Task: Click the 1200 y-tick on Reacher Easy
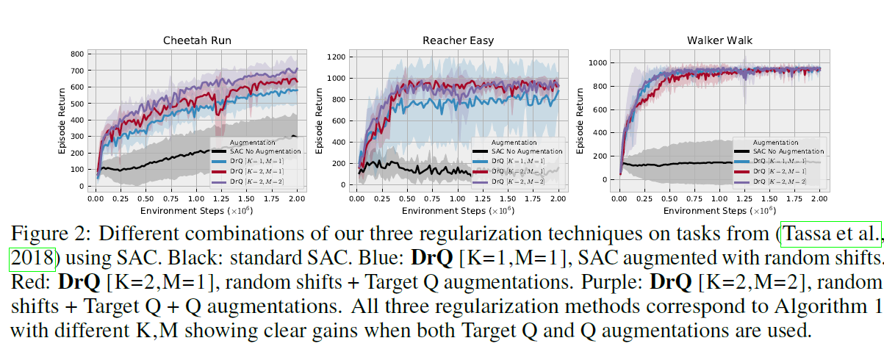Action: [x=337, y=57]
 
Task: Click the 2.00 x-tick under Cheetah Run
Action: [x=297, y=199]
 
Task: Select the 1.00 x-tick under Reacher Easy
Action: [x=457, y=199]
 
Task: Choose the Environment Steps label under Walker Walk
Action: [x=719, y=210]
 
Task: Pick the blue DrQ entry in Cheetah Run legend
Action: [x=256, y=161]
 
